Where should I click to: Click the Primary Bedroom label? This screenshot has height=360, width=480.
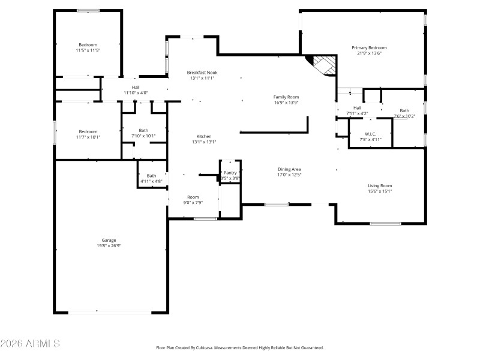coord(369,47)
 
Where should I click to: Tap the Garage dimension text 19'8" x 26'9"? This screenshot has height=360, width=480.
coord(109,246)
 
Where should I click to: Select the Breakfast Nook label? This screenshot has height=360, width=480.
coord(202,72)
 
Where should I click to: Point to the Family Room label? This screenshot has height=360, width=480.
coord(286,97)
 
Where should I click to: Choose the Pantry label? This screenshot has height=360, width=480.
coord(230,173)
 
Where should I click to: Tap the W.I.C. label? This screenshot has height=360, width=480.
coord(370,134)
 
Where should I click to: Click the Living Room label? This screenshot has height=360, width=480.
coord(380,185)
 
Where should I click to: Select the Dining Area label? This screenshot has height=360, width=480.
coord(289,169)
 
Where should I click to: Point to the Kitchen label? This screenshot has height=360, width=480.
coord(204,136)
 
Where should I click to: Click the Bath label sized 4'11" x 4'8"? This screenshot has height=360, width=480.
coord(151,176)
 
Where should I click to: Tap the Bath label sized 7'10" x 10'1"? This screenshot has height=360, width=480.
coord(143,130)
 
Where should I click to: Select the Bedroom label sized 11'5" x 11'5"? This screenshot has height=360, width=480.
coord(88,44)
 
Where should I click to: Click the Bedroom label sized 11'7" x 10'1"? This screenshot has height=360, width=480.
coord(88,131)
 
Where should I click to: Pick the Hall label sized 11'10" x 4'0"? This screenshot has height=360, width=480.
coord(136,87)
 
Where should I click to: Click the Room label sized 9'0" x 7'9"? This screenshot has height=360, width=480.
coord(193,197)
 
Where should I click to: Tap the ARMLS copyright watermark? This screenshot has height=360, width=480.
coord(30,344)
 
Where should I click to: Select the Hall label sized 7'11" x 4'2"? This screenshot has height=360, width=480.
coord(357,107)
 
